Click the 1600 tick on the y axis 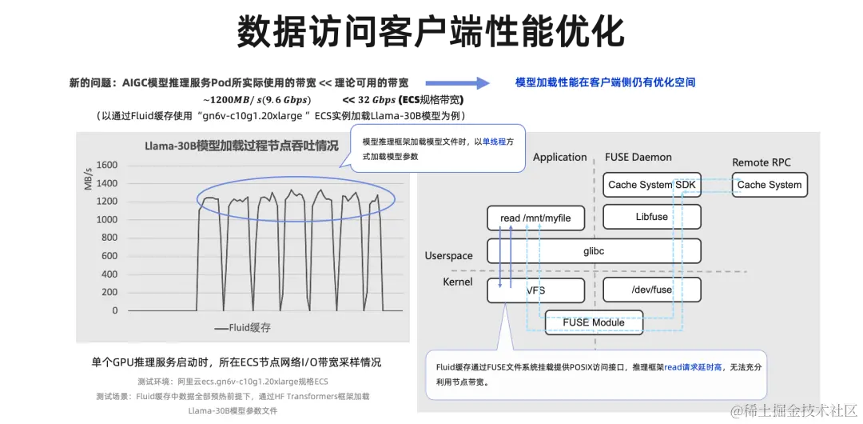(107, 166)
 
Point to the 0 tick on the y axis (114, 310)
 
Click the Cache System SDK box (651, 185)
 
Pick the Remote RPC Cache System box (769, 185)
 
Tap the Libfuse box (651, 217)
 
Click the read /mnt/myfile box (535, 218)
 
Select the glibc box (594, 250)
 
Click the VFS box (535, 290)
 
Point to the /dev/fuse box (651, 290)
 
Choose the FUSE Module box (593, 322)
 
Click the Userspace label (448, 256)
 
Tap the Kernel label (458, 282)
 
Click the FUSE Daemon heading (638, 157)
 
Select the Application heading (559, 157)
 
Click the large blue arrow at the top (457, 82)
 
